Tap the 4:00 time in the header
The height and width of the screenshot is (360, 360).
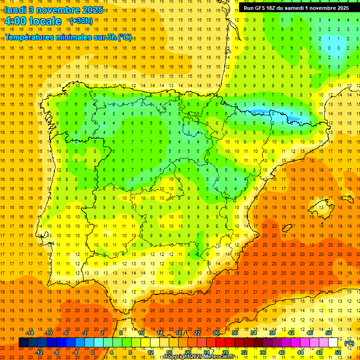pyautogui.click(x=15, y=21)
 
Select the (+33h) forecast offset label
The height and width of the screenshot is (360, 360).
pyautogui.click(x=81, y=21)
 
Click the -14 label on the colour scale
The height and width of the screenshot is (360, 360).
pyautogui.click(x=30, y=333)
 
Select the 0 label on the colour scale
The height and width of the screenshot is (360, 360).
pyautogui.click(x=93, y=352)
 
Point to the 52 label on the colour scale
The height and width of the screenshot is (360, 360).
pyautogui.click(x=338, y=352)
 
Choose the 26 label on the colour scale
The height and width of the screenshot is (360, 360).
pyautogui.click(x=216, y=333)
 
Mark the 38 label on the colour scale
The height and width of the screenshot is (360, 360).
pyautogui.click(x=272, y=333)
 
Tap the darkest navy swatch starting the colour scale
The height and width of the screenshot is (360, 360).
pyautogui.click(x=23, y=343)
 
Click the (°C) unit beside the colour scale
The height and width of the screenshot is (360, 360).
pyautogui.click(x=349, y=343)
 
